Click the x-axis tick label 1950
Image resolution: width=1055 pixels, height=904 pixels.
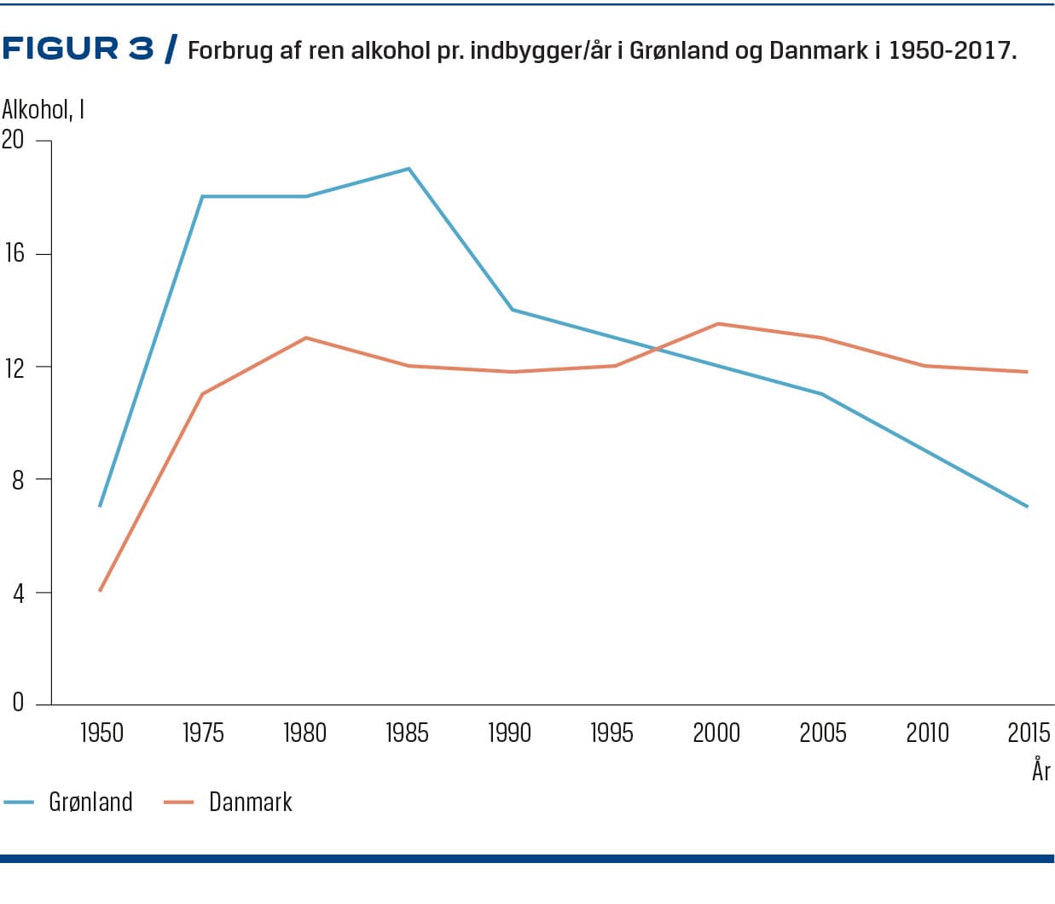tap(101, 733)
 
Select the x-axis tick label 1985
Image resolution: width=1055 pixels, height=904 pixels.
tap(407, 733)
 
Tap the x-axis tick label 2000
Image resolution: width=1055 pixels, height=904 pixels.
tap(716, 733)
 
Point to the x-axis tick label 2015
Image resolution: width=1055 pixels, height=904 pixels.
tap(1028, 733)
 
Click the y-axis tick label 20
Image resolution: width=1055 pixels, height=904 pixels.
tap(13, 139)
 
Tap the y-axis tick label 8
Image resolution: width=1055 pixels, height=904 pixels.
tap(18, 479)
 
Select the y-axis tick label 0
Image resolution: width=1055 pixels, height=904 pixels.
tap(18, 703)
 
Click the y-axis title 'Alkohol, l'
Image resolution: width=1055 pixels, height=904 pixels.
tap(43, 110)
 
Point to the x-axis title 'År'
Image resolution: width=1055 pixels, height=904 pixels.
tap(1041, 771)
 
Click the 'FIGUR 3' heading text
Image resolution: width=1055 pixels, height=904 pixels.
tap(78, 49)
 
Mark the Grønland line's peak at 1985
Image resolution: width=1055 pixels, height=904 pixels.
tap(409, 169)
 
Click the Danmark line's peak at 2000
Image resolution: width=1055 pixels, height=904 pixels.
tap(718, 324)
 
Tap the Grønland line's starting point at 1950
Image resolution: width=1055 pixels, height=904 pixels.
tap(101, 506)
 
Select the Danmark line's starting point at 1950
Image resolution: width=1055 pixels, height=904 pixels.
tap(101, 590)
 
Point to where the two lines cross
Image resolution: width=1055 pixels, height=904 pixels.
tap(657, 348)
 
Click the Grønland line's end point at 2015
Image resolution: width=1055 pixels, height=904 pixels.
tap(1027, 507)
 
